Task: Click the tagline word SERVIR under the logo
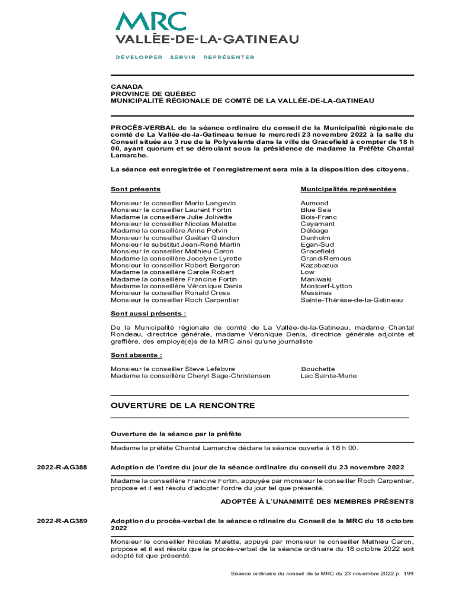click(183, 57)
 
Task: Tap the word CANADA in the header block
click(127, 86)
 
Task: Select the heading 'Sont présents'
click(136, 189)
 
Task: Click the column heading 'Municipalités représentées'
click(348, 189)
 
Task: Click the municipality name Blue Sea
click(316, 210)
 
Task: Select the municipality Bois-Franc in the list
click(319, 217)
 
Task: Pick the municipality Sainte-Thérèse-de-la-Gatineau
click(352, 300)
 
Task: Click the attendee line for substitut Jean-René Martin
click(175, 244)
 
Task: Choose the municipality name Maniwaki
click(316, 279)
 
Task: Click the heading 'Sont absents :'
click(136, 355)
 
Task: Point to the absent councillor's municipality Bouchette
click(318, 369)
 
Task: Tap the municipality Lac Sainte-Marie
click(329, 376)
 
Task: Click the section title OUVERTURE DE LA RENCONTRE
click(182, 405)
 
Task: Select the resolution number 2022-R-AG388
click(62, 468)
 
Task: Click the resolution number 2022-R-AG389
click(62, 521)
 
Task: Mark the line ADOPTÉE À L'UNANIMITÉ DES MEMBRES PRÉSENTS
click(317, 501)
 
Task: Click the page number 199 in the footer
click(408, 573)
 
